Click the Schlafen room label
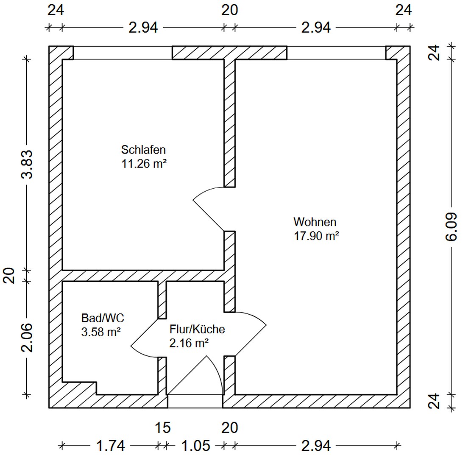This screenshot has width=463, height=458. (143, 150)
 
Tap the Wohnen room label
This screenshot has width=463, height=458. (315, 222)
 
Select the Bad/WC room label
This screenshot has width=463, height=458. (103, 318)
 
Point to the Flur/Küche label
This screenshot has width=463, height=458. (197, 329)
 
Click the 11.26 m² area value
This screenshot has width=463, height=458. (144, 164)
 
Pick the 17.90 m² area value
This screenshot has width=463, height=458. (316, 236)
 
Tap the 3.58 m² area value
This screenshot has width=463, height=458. (101, 332)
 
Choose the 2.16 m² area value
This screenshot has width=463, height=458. (189, 343)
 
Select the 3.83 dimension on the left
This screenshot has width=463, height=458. (27, 164)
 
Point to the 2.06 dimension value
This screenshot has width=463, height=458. (27, 338)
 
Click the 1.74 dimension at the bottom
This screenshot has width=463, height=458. (110, 445)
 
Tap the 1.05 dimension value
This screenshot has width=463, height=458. (195, 445)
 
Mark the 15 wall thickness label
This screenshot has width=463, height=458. (163, 427)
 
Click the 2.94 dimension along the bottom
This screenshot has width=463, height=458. (315, 445)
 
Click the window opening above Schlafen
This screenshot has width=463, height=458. (123, 53)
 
